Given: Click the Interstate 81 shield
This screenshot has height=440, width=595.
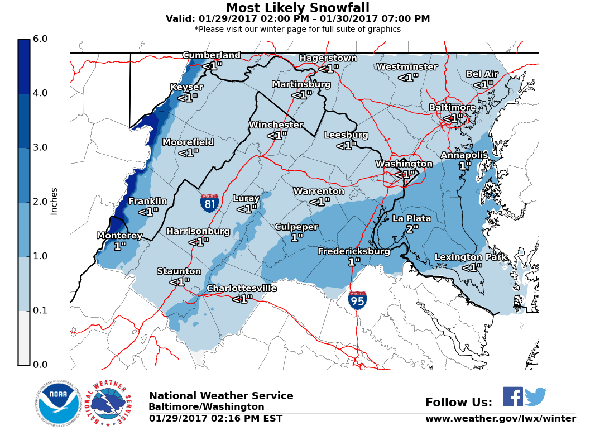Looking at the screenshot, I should coord(209,203).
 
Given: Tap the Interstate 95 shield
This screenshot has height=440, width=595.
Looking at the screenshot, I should coord(357,300).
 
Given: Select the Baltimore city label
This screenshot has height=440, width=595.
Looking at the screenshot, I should coord(452,108).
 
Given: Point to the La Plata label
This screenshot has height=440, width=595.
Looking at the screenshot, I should coord(412,218).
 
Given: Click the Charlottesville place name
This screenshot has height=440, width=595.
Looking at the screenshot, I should coord(242,289).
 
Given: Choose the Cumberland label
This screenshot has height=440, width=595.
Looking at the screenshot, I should coord(212,55).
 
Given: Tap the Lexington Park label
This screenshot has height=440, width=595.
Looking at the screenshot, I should coord(472,257).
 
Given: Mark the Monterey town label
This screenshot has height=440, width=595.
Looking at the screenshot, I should coord(120,236).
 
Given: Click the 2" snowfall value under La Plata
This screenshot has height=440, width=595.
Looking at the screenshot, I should coord(412,229).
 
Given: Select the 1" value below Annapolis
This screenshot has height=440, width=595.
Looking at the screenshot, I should coord(465,166).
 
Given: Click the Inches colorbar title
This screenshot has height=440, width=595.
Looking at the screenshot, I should coord(54,201).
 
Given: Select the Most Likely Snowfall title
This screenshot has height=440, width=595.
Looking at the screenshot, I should coord(297,8).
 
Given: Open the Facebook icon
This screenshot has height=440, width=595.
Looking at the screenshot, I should coord(513,396).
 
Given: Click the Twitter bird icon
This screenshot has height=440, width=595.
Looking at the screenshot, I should coord(535,396).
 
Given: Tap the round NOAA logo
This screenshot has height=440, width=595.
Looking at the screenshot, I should coord(59,403).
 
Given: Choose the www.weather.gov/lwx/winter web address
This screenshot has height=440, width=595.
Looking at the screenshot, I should coord(500,419).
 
